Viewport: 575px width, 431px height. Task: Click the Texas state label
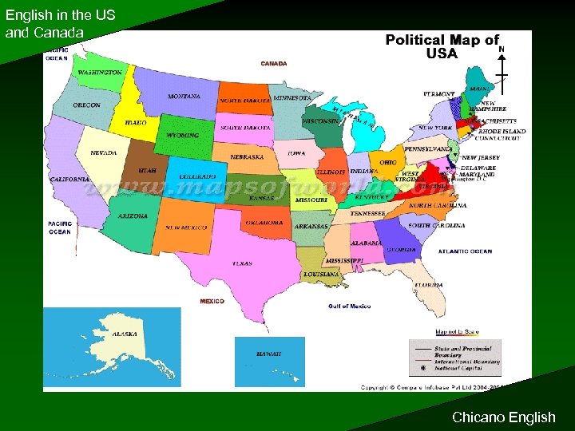(x=242, y=263)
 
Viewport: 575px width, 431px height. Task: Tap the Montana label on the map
(x=184, y=97)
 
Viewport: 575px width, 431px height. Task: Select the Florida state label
(x=428, y=285)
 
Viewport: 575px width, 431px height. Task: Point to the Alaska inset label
(x=124, y=334)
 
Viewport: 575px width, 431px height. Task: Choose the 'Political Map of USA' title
(x=442, y=46)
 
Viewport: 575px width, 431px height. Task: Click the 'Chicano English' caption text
(x=503, y=417)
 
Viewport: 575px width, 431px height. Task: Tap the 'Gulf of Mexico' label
(x=350, y=306)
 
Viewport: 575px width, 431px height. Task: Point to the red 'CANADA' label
(x=274, y=63)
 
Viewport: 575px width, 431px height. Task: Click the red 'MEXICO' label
(x=212, y=301)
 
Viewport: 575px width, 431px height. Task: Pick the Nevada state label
(x=103, y=152)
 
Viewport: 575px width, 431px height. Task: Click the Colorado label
(x=197, y=176)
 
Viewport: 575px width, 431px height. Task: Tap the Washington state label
(x=100, y=73)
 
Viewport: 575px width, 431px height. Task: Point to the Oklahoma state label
(x=264, y=223)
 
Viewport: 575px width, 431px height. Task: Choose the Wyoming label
(x=183, y=136)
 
